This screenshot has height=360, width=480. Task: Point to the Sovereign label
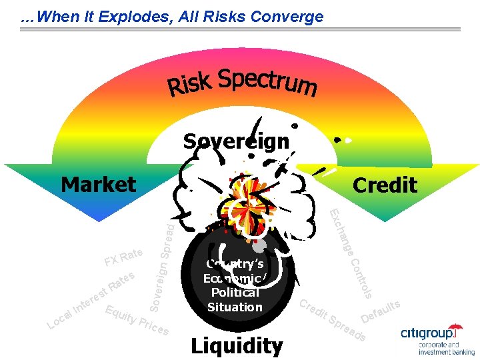pos(236,141)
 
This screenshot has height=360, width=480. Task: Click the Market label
pos(98,184)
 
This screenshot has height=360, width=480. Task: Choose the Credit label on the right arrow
pos(385,185)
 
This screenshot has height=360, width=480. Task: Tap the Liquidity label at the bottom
pos(237,345)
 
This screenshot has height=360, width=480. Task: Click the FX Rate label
pos(123,256)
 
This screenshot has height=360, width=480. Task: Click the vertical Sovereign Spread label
pos(162,267)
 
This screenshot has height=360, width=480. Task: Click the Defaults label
pos(380,309)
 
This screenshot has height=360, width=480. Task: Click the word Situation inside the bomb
pos(235,307)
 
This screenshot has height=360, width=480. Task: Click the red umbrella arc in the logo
pos(455,327)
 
